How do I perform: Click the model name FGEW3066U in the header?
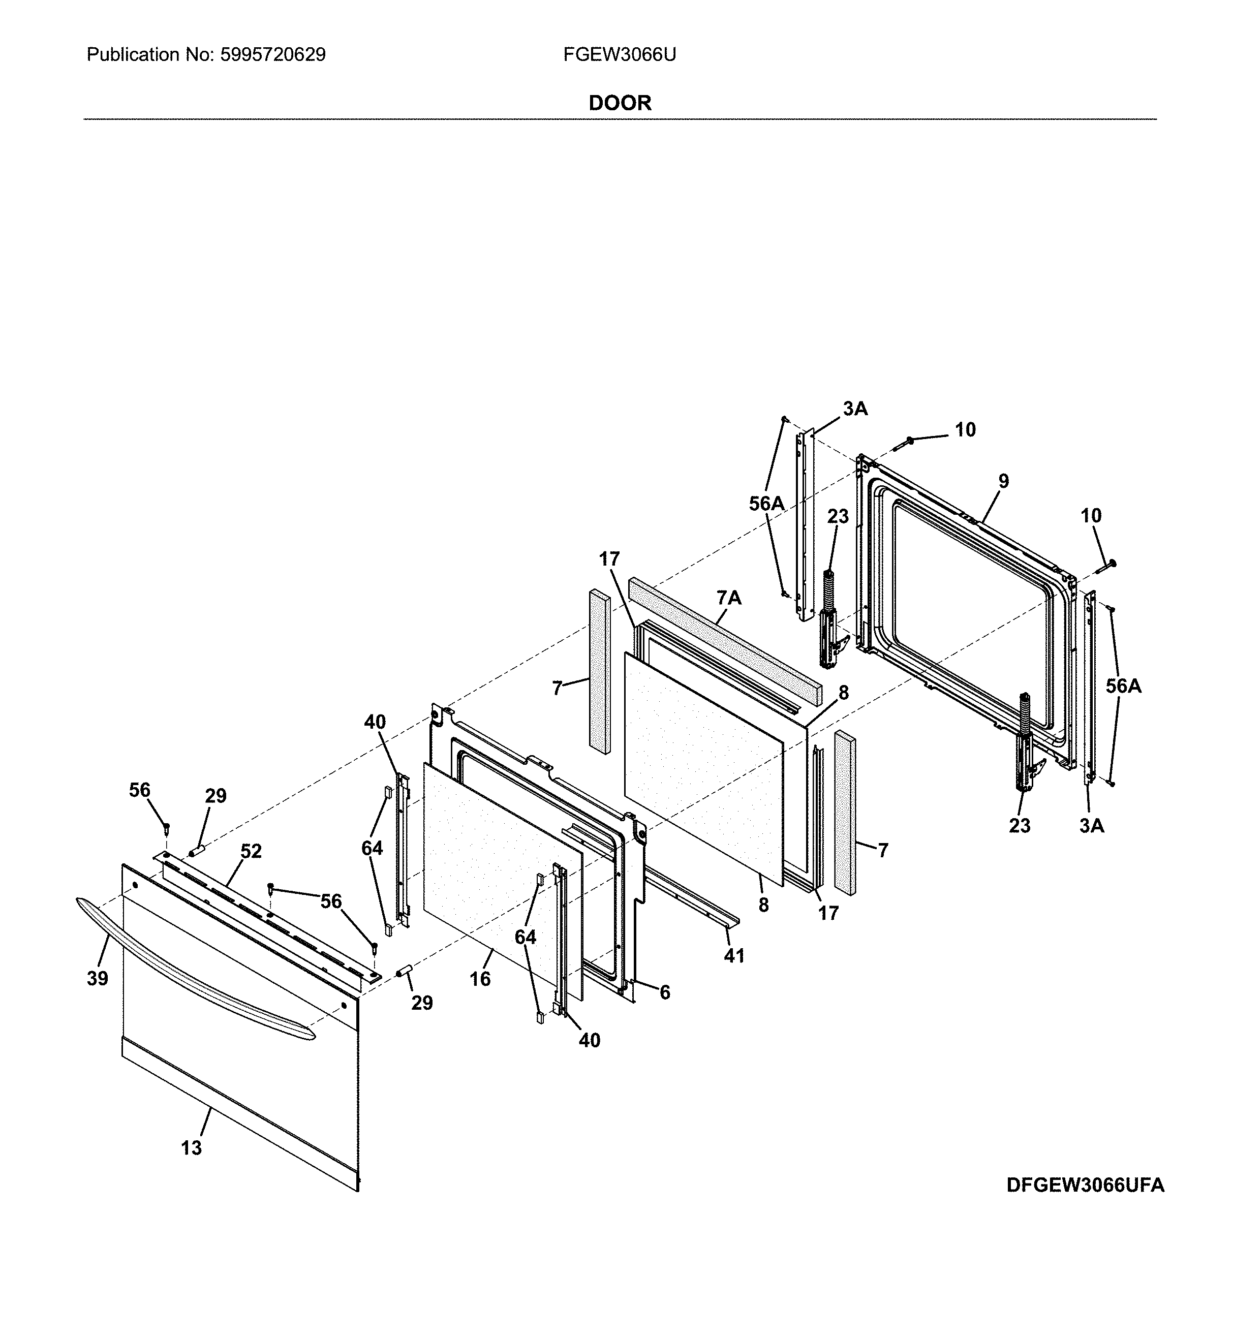click(619, 55)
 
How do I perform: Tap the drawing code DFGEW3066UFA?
click(1086, 1185)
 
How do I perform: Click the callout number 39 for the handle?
click(98, 979)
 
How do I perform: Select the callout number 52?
click(251, 851)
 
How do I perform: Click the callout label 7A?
click(729, 599)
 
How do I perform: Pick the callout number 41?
click(734, 956)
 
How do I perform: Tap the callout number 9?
click(1003, 481)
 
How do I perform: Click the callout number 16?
click(480, 979)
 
